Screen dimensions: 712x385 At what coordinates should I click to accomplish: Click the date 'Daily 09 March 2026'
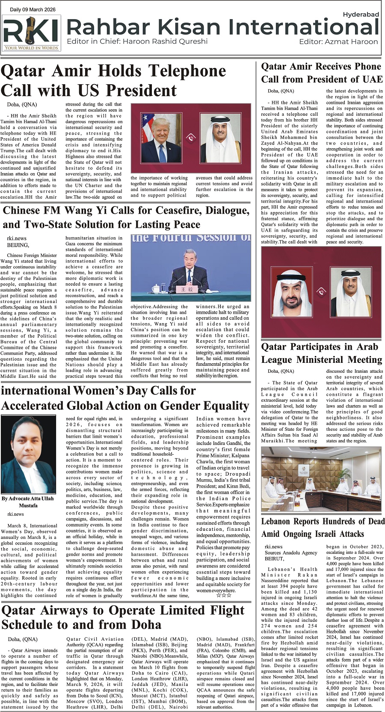click(33, 9)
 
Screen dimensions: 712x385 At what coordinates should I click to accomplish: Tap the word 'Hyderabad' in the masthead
click(361, 15)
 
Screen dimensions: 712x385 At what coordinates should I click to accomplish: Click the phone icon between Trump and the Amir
click(191, 138)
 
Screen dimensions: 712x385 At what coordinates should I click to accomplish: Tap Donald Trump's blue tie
click(162, 153)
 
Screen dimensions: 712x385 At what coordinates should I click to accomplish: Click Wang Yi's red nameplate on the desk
click(184, 289)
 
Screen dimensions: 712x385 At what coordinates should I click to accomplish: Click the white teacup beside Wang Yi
click(156, 288)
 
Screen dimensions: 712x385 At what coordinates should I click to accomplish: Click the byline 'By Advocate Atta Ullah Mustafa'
click(28, 502)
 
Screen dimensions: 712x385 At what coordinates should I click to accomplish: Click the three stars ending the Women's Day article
click(224, 595)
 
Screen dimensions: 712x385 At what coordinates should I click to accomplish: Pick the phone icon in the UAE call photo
click(321, 292)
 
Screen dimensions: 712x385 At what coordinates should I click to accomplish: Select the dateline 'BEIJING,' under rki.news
click(18, 245)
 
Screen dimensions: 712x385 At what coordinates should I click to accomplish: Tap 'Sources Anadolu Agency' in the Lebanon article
click(291, 553)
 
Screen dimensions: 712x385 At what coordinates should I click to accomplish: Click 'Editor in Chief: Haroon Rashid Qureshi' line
click(137, 41)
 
